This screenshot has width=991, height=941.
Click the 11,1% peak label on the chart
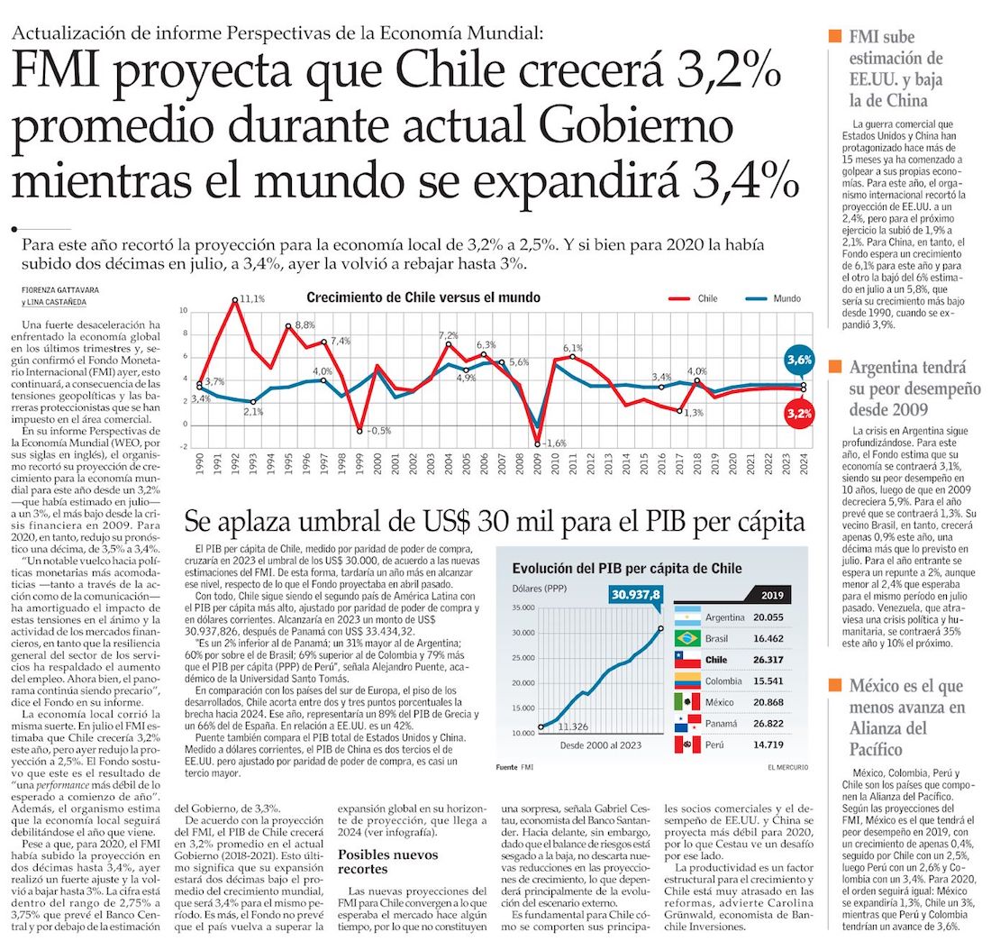point(252,298)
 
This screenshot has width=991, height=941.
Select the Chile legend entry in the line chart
point(707,297)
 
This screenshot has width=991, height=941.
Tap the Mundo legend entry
point(786,297)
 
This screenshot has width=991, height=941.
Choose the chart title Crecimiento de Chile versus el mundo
point(423,297)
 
